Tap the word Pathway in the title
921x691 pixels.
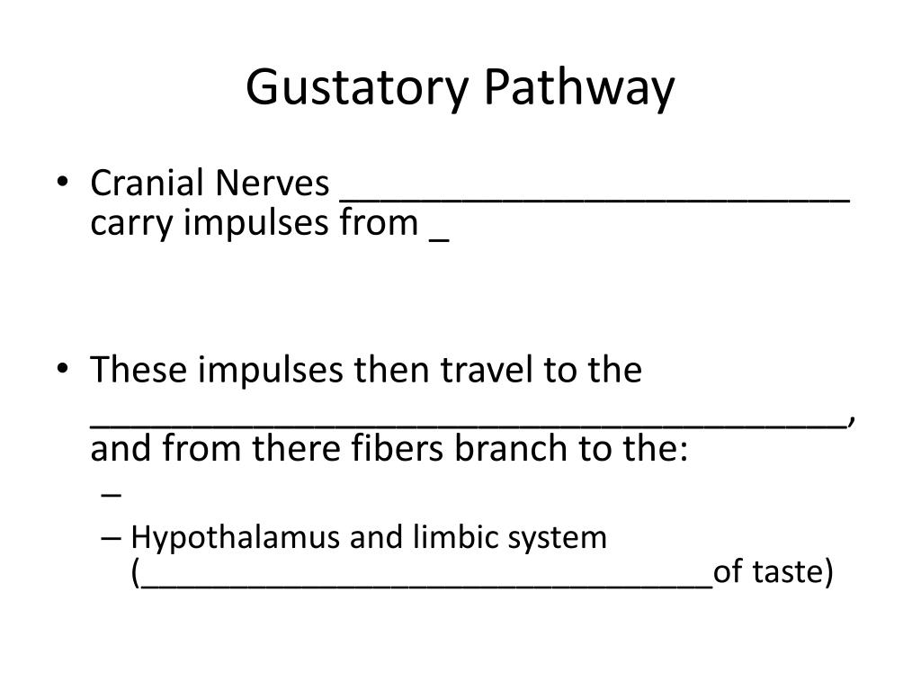pyautogui.click(x=578, y=89)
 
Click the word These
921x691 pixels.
pyautogui.click(x=137, y=370)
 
